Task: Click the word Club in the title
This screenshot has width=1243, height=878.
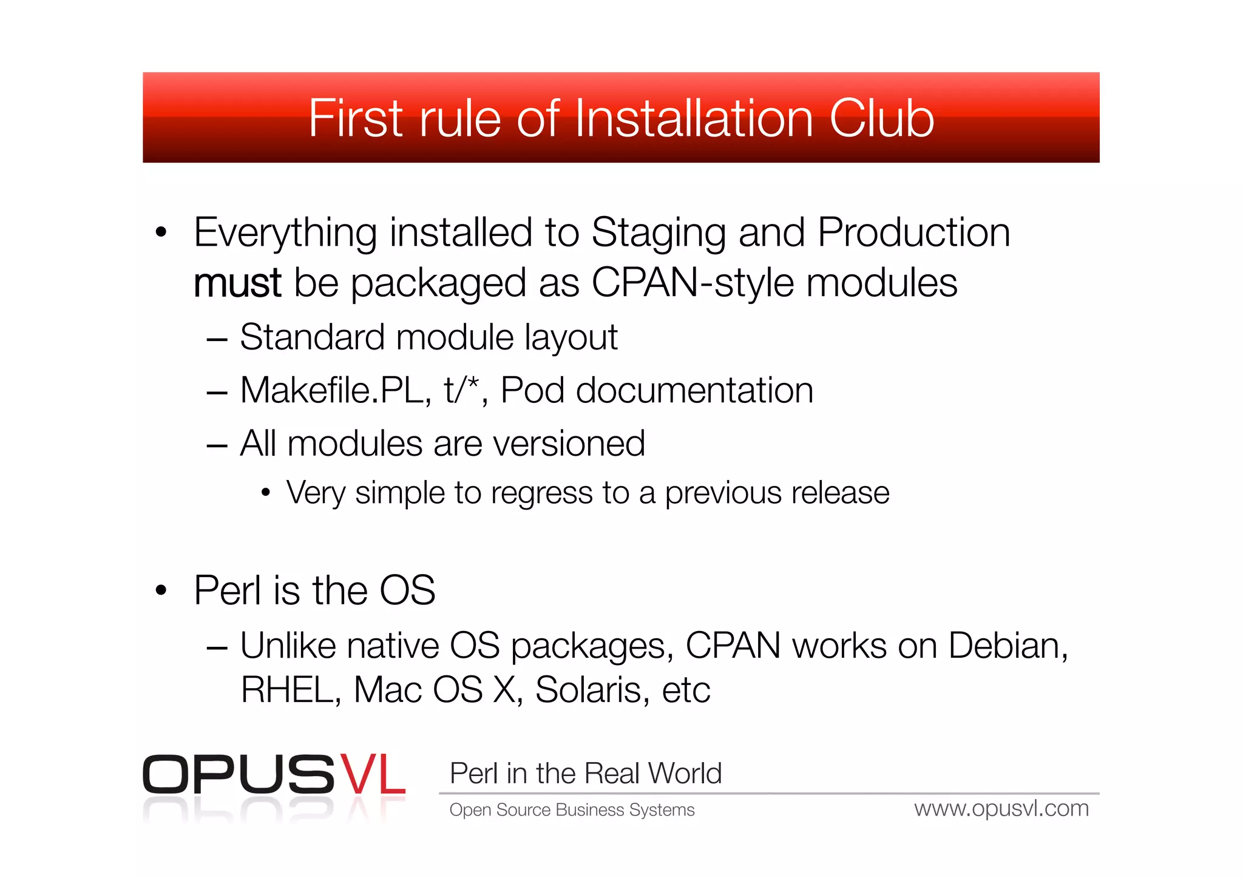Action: tap(881, 118)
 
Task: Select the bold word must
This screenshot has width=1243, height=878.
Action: tap(237, 283)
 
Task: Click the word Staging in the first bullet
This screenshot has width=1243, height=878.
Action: tap(659, 233)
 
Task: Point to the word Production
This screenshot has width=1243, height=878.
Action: tap(913, 233)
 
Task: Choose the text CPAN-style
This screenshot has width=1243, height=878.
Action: tap(692, 283)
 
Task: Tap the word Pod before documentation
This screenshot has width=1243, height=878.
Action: tap(532, 390)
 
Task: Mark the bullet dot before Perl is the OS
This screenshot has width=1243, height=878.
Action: tap(161, 590)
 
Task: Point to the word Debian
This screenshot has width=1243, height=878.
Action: tap(1008, 646)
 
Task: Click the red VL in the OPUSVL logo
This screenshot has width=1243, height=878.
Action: tap(372, 775)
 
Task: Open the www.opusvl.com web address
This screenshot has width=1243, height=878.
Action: tap(1001, 809)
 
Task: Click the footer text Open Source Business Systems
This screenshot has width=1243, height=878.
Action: tap(572, 810)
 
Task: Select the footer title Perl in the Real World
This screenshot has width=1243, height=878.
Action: tap(586, 774)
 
